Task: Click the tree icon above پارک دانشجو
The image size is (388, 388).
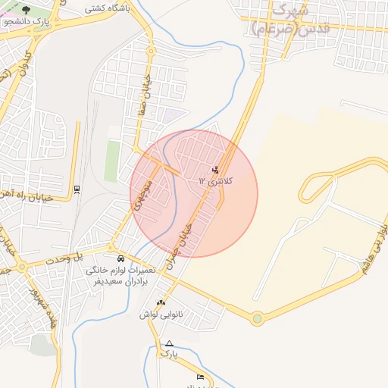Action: (x=27, y=10)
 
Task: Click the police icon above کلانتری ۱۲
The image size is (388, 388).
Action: (x=216, y=170)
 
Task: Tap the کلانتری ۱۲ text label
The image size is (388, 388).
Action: (x=217, y=182)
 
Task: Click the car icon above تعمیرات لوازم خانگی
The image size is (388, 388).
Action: (x=121, y=258)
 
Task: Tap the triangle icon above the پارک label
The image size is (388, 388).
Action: (x=169, y=343)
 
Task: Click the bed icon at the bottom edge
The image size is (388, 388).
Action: (x=200, y=377)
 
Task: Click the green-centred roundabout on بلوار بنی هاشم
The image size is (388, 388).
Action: (x=258, y=319)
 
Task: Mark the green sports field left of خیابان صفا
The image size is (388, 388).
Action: (x=112, y=161)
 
